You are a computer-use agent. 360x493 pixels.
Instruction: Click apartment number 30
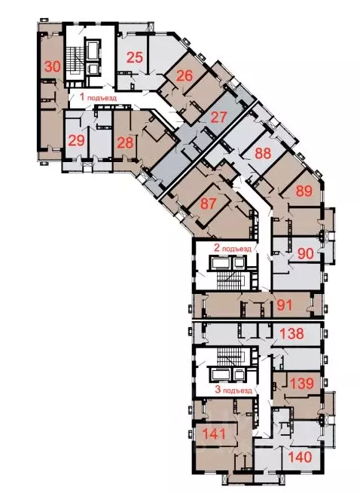coord(52,66)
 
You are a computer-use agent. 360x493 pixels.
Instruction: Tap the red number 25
coord(136,57)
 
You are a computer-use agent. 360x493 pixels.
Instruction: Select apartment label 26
coord(185,76)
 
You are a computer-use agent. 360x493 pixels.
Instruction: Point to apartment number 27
coord(218,117)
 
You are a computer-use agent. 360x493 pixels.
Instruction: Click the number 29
coord(76,141)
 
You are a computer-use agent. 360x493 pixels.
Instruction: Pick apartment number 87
coord(209,204)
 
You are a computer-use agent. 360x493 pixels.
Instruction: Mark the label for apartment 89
coord(303,190)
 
